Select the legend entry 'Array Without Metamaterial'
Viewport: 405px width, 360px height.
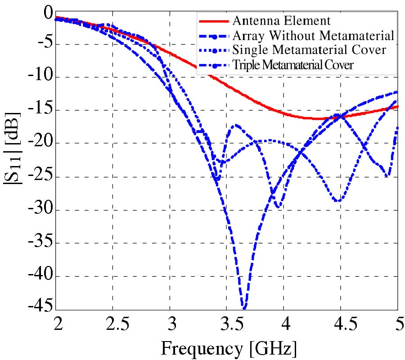click(313, 36)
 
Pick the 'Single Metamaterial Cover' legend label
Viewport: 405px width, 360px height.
click(309, 50)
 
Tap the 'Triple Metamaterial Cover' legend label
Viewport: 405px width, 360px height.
click(293, 64)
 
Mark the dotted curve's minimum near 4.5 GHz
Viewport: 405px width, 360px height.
click(337, 201)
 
